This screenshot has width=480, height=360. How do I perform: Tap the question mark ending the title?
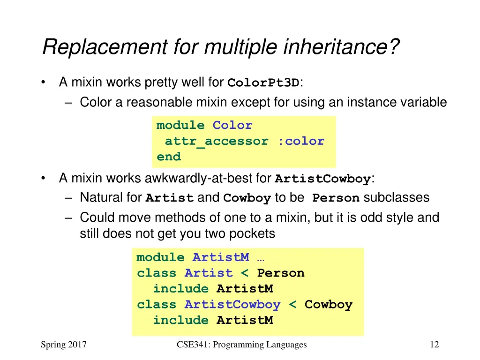click(x=395, y=47)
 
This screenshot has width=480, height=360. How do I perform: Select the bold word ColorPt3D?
click(x=263, y=83)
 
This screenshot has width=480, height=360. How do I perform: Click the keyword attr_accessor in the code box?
click(x=217, y=141)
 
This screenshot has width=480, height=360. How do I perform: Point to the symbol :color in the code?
click(x=300, y=141)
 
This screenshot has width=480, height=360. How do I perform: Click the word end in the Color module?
click(x=169, y=157)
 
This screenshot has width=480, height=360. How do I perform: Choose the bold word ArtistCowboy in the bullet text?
click(x=322, y=179)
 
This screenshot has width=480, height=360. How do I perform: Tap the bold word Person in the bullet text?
click(x=336, y=198)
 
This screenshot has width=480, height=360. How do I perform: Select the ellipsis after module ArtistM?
click(x=261, y=257)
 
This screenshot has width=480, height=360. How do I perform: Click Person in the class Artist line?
click(x=281, y=273)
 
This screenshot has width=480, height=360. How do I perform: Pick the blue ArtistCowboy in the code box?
click(x=232, y=305)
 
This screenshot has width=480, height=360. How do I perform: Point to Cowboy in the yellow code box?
click(x=328, y=305)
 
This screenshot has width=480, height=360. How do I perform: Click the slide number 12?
click(x=434, y=345)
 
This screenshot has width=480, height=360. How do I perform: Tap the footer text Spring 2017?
click(x=64, y=345)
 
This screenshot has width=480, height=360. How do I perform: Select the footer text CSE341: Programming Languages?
click(x=242, y=345)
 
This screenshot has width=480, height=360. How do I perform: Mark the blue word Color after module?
click(x=232, y=126)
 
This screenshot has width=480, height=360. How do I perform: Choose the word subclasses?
click(x=397, y=198)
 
